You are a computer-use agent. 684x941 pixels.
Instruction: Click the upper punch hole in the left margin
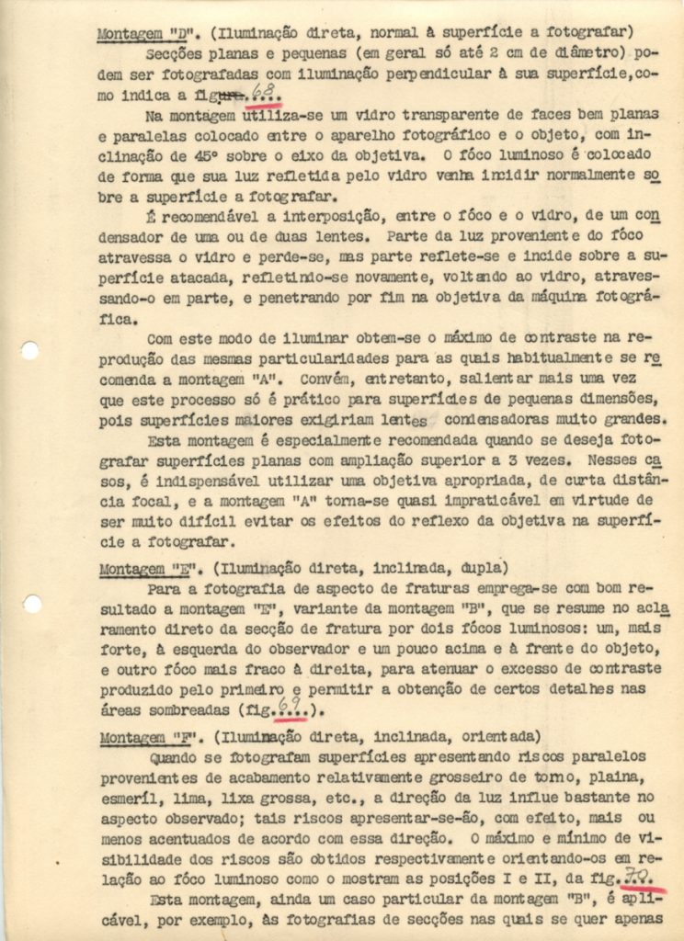pyautogui.click(x=30, y=351)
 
